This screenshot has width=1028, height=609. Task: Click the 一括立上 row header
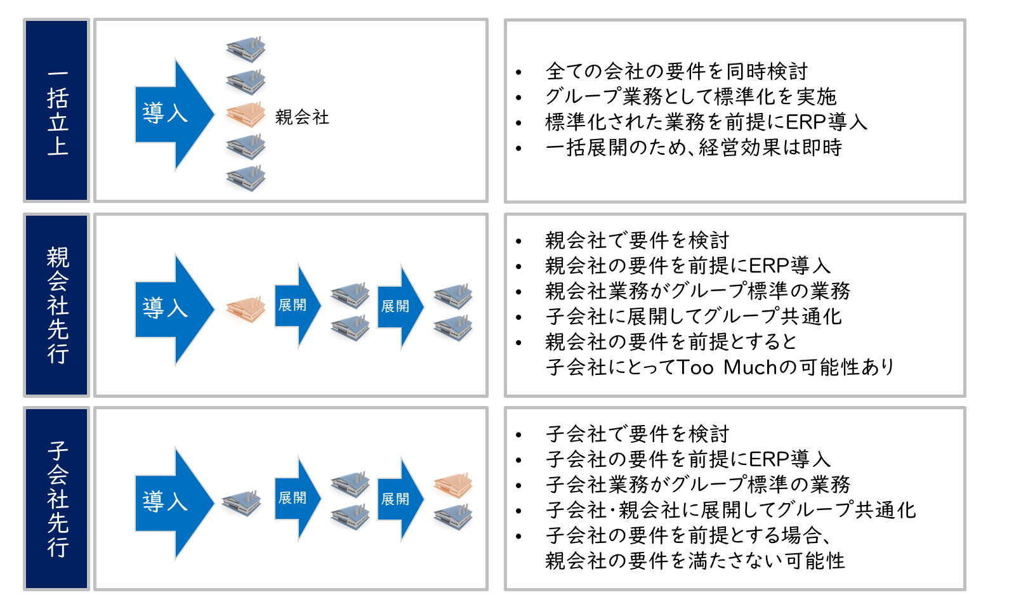[x=56, y=111]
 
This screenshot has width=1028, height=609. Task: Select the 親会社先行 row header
[x=56, y=305]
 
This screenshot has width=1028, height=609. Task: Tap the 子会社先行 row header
[x=56, y=499]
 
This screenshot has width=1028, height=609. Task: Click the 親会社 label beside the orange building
[x=302, y=117]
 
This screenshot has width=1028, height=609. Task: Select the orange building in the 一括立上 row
[x=246, y=115]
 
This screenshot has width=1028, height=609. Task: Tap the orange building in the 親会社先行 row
[x=246, y=310]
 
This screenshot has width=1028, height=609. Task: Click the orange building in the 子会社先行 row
[x=453, y=485]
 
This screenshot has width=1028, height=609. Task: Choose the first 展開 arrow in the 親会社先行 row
[x=296, y=306]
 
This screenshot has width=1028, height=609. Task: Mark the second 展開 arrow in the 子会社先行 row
[x=399, y=499]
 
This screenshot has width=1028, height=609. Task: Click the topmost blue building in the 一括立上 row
[x=246, y=49]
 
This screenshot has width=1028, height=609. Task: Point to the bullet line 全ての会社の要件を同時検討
[x=676, y=71]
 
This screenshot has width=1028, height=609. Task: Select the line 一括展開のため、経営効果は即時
[x=694, y=147]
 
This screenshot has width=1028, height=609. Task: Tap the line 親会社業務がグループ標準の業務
[x=697, y=291]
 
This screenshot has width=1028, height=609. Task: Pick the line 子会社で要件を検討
[x=637, y=434]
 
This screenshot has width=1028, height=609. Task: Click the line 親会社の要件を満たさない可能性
[x=695, y=561]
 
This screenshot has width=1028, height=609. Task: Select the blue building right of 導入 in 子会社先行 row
[x=242, y=502]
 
